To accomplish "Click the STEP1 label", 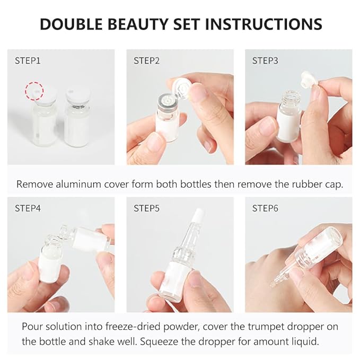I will click(28, 60).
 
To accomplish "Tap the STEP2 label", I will click(146, 60).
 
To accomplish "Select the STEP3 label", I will click(265, 60).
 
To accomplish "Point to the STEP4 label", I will click(28, 208).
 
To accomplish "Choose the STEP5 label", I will click(146, 208).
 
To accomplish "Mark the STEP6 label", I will click(265, 208).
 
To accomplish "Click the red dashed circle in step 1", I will click(35, 91).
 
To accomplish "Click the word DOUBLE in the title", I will click(72, 24).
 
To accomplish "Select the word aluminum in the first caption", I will click(74, 184).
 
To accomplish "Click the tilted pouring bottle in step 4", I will click(85, 239).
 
